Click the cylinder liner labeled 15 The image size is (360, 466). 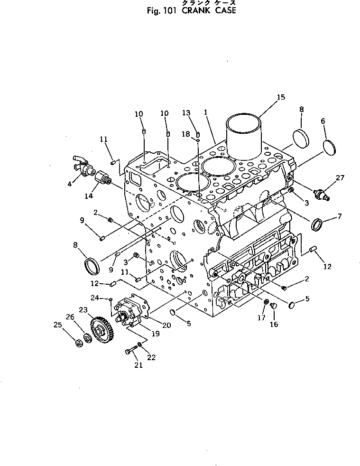point(243,135)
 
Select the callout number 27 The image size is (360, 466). point(340,178)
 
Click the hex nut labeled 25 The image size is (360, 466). point(78,342)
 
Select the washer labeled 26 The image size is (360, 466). point(88,338)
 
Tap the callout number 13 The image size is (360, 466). point(186,113)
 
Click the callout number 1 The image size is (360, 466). point(206,112)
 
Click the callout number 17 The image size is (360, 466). point(261,318)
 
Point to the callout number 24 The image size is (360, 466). point(95,298)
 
